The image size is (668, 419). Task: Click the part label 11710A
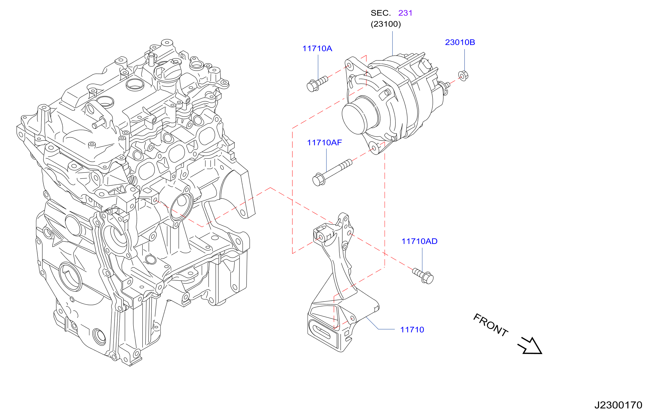(x=317, y=49)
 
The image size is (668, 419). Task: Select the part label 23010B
(x=460, y=42)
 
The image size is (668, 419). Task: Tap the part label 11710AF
(x=324, y=143)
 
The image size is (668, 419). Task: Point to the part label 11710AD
(x=419, y=241)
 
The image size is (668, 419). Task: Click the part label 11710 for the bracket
(x=412, y=330)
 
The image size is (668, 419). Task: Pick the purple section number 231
(x=405, y=13)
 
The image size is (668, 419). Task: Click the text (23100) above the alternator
(x=386, y=24)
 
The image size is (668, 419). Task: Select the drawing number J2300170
(x=619, y=405)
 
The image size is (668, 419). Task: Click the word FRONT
(x=491, y=325)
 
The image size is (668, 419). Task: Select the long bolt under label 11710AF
(x=332, y=173)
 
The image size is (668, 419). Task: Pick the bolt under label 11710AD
(x=423, y=276)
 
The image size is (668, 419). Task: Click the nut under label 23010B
(x=463, y=76)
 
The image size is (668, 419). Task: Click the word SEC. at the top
(x=380, y=13)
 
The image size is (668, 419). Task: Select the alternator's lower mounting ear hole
(x=375, y=148)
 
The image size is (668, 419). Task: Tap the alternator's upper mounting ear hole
(x=349, y=66)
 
